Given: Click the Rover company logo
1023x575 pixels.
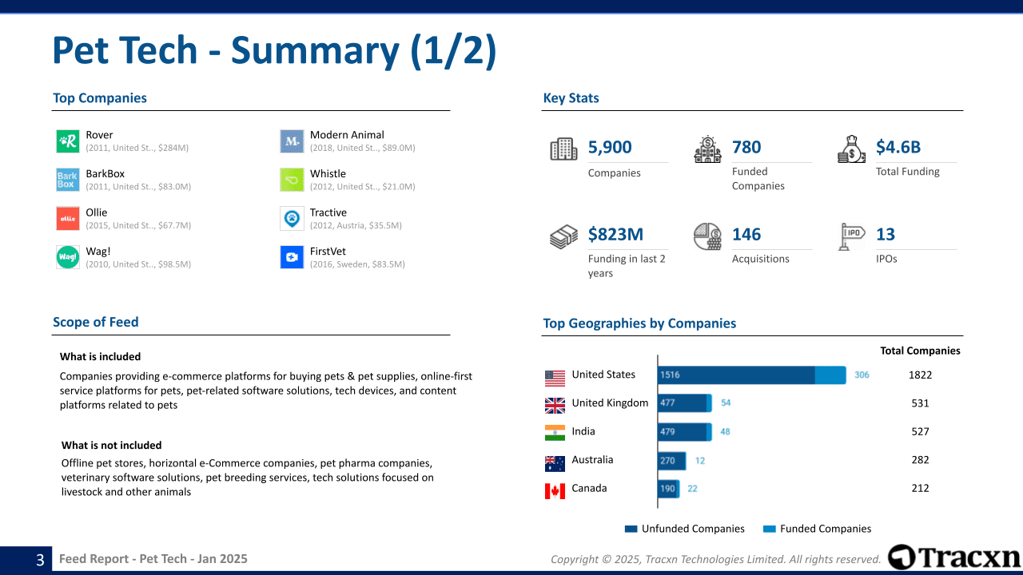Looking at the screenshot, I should coord(67,141).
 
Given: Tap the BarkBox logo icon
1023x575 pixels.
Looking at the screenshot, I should coord(67,180).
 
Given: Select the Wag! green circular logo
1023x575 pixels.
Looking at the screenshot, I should coord(67,257).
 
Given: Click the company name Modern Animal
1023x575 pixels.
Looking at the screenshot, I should coord(347,135).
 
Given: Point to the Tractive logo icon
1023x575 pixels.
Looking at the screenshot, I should coord(292,218).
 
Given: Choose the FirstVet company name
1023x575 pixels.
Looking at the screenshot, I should coord(328,251).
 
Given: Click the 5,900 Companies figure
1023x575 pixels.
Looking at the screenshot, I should coord(610,147).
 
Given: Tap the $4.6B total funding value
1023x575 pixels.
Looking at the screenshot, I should coord(898,147).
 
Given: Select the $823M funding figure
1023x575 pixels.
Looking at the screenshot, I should coord(615,234).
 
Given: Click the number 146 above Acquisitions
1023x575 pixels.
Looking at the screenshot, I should coord(746,234).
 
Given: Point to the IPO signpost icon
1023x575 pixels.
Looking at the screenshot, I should coord(851,236).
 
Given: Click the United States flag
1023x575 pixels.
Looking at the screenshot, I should coord(555,377).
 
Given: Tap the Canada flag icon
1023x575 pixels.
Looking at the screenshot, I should coord(555,490).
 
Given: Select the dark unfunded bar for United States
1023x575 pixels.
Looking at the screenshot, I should coord(735,375).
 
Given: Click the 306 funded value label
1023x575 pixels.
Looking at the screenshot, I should coord(862,375).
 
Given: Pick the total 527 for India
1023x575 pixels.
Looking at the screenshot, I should coord(920,431).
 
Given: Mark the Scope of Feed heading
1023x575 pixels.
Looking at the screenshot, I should coord(96,322).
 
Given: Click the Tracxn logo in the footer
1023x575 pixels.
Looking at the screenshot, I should coord(953,557).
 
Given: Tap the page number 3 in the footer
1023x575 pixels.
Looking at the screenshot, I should coord(40,560).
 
